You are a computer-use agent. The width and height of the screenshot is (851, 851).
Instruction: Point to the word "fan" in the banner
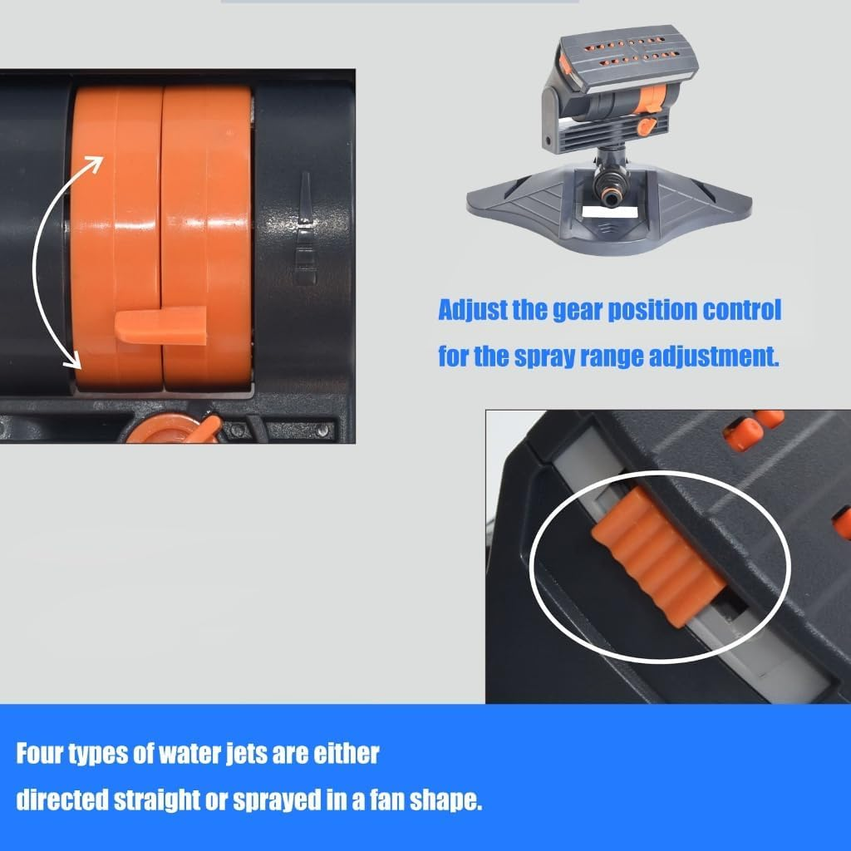click(x=387, y=800)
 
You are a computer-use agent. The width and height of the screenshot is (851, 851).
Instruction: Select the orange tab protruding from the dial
click(x=160, y=326)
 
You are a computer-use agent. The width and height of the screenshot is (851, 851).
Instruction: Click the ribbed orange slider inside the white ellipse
click(x=658, y=556)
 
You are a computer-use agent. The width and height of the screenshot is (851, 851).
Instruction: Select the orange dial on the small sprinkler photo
click(x=651, y=99)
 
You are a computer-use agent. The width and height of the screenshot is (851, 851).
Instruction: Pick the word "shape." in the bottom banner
click(x=445, y=800)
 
